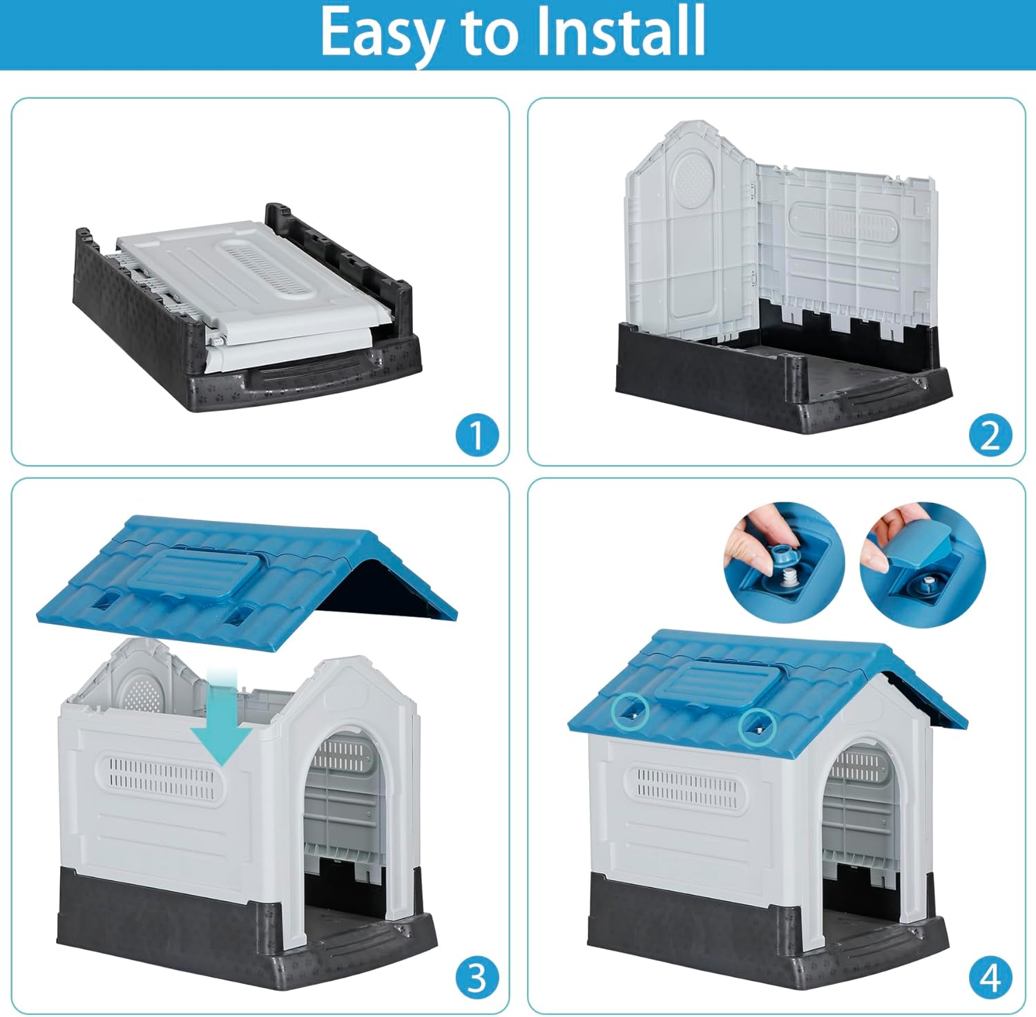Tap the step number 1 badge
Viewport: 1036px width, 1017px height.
(x=477, y=435)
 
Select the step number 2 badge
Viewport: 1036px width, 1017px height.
(x=990, y=435)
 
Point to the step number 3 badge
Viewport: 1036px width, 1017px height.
(x=477, y=978)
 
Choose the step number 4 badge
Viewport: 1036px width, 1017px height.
(x=990, y=978)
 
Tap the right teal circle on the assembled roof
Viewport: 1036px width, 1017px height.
(x=758, y=727)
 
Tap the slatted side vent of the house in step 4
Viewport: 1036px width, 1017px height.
(x=685, y=788)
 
